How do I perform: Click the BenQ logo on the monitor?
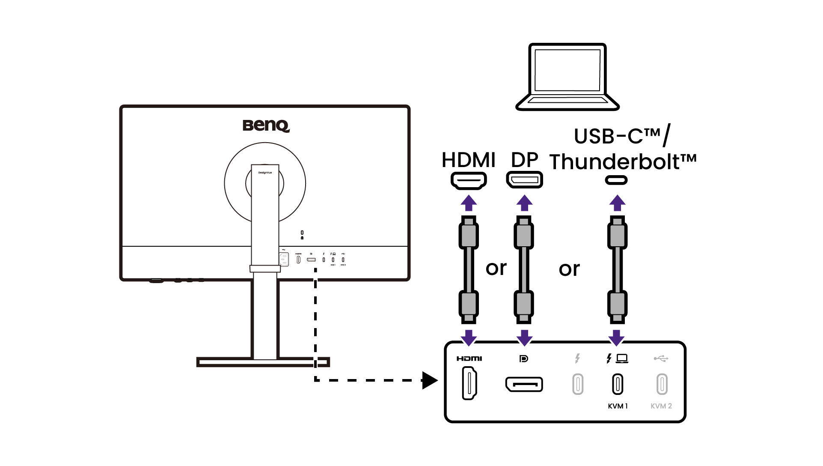point(266,125)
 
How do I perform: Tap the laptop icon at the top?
point(567,77)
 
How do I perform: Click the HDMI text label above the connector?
point(468,160)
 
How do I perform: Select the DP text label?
point(524,160)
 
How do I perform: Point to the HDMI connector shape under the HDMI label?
point(469,180)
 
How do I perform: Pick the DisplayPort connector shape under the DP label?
point(524,180)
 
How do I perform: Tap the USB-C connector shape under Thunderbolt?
point(616,180)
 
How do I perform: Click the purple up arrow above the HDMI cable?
point(469,203)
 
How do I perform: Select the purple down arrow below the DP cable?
point(524,338)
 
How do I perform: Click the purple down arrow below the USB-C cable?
point(617,338)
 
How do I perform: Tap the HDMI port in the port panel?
point(469,384)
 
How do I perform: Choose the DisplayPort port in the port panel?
point(524,384)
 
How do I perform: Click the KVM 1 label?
point(618,406)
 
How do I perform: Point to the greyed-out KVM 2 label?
point(661,406)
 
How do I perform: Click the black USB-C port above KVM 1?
point(617,384)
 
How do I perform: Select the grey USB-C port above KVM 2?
point(662,384)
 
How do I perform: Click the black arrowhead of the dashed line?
point(429,380)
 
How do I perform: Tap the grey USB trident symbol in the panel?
point(661,358)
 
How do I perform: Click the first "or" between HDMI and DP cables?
point(496,269)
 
